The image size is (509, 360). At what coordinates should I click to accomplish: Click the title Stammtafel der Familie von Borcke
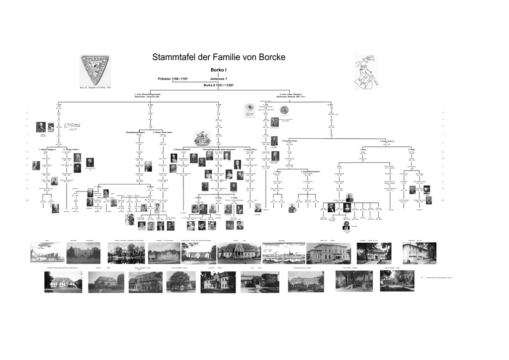pos(219,57)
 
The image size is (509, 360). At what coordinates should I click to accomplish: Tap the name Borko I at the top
pos(219,70)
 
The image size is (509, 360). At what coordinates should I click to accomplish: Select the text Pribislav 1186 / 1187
pos(172,79)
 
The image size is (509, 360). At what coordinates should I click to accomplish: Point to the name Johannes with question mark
pos(218,79)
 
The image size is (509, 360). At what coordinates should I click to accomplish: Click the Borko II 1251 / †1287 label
pos(218,85)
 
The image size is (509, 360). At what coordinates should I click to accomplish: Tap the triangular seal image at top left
pos(95,70)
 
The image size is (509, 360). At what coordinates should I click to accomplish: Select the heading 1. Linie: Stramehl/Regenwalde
pos(148,94)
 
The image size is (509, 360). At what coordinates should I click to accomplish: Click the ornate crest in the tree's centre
pos(202,138)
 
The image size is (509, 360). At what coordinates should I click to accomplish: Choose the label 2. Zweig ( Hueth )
pos(71,149)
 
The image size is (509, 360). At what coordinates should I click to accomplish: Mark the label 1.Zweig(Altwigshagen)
pos(135,132)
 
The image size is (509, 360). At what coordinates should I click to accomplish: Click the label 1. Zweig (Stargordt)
pos(182,149)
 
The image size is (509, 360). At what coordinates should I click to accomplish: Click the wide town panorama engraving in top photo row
pos(283,253)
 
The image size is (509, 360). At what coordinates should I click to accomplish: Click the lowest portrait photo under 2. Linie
pos(346,225)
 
